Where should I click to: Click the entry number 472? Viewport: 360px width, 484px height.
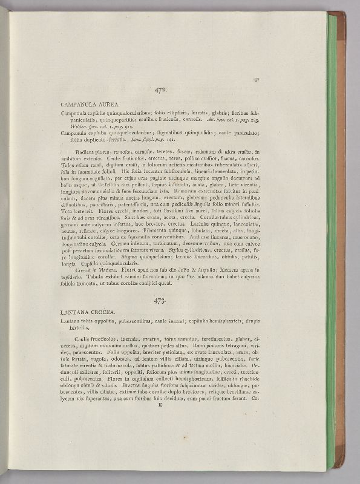[x=161, y=90]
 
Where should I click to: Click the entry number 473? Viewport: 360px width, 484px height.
[x=161, y=300]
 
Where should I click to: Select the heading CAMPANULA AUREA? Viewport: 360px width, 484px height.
[x=85, y=104]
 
